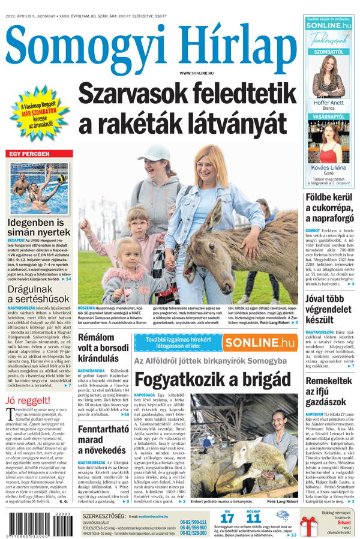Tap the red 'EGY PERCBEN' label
[x=29, y=154]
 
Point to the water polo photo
[x=38, y=184]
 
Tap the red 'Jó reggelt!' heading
[x=28, y=400]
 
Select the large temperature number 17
[x=227, y=518]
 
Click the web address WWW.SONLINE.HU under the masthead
[x=196, y=73]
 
